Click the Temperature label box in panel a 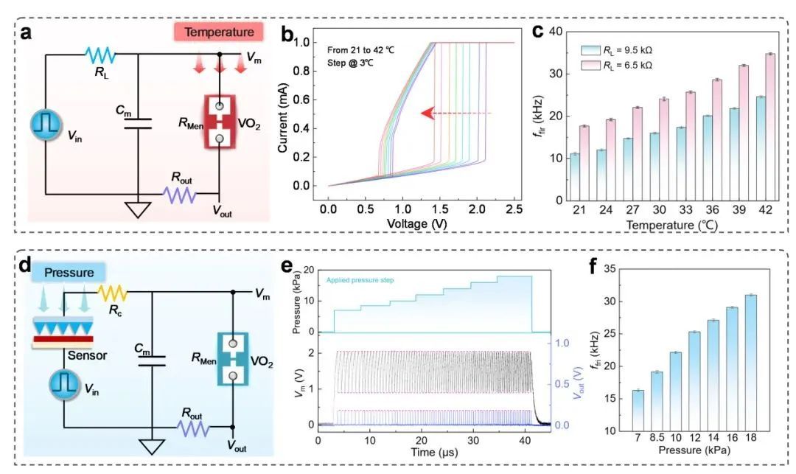click(x=219, y=32)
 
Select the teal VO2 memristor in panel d click(x=233, y=358)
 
